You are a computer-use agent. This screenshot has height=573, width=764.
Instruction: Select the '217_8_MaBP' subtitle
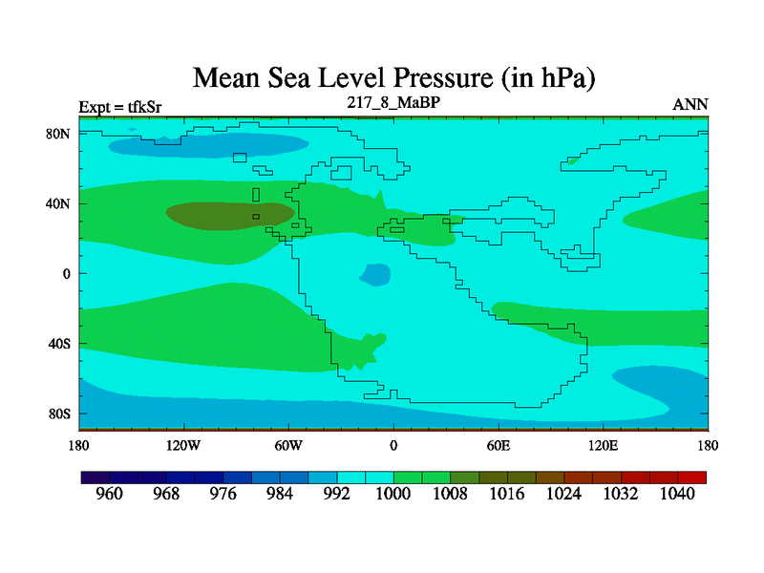point(393,101)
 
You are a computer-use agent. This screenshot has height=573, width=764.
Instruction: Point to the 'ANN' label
point(690,104)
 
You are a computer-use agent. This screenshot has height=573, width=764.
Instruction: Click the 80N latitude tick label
point(59,134)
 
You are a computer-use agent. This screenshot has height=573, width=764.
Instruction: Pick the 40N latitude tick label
point(59,203)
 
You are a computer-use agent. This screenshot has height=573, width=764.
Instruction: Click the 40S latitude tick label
point(59,343)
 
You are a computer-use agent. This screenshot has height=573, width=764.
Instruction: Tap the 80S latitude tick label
point(59,414)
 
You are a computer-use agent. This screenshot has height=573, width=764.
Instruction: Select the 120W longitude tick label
point(182,445)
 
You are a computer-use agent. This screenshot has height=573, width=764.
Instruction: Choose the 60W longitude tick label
point(288,445)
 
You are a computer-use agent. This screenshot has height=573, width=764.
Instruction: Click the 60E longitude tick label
point(499,445)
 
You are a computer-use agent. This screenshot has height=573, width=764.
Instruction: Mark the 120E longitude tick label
point(603,445)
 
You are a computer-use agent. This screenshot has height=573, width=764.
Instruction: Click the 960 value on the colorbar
point(110,494)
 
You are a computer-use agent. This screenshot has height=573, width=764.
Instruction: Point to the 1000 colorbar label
point(393,494)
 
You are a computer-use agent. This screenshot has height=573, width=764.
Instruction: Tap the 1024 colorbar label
point(563,494)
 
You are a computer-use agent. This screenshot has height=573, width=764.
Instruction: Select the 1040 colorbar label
point(677,494)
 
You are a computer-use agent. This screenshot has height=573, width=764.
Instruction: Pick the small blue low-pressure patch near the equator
point(376,275)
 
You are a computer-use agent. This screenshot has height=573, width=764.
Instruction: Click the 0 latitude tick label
point(67,273)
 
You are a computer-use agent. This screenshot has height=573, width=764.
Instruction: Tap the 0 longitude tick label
point(393,445)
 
